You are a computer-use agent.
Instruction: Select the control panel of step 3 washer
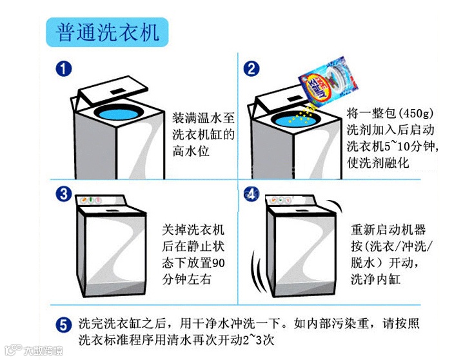[x=103, y=205]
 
